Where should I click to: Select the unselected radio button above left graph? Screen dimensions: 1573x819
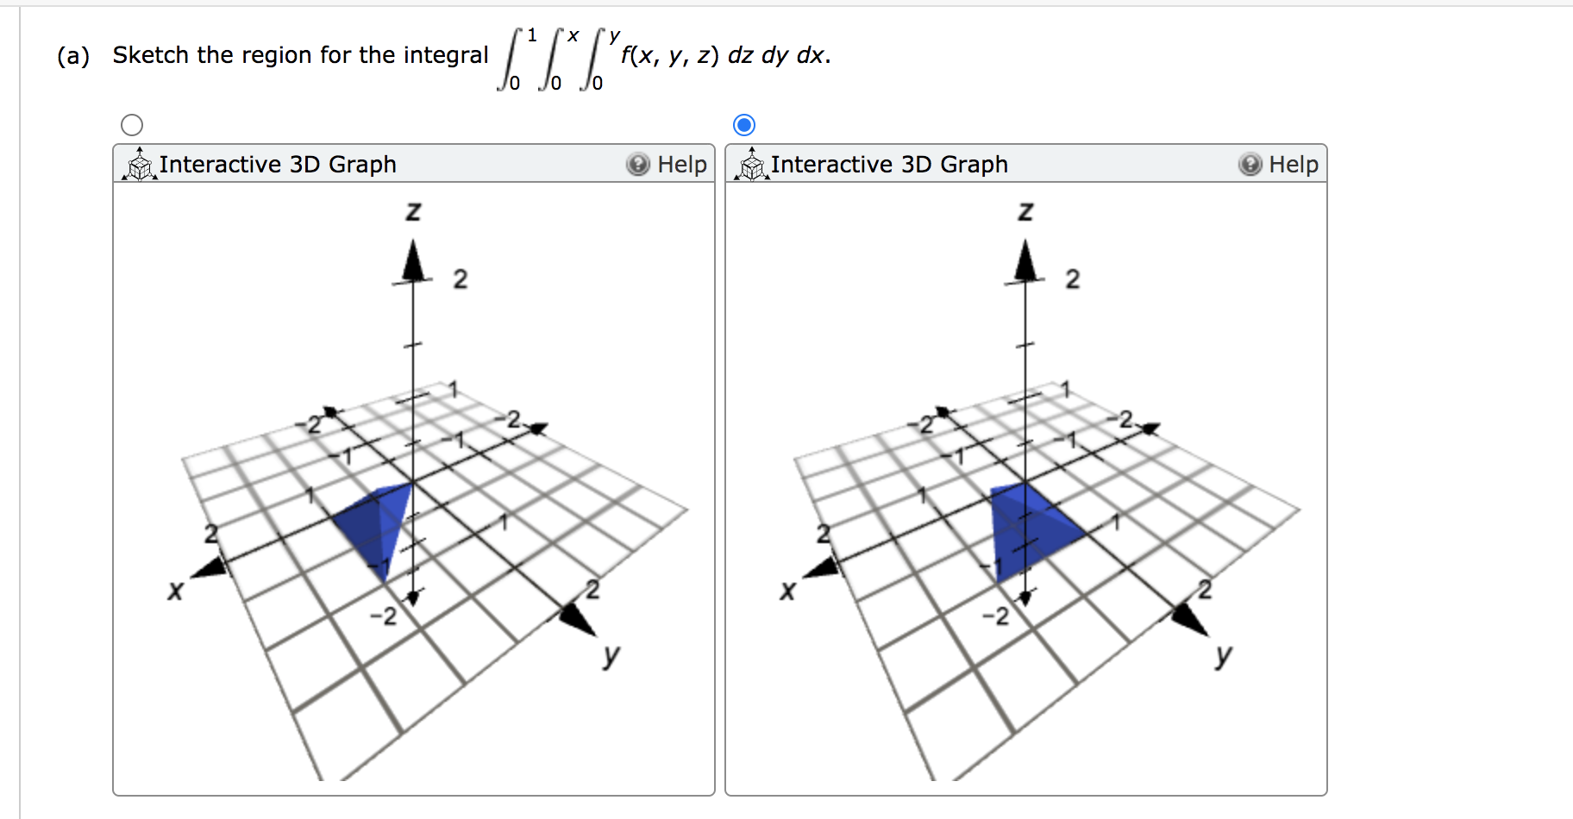pyautogui.click(x=132, y=125)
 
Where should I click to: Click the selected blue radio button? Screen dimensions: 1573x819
pyautogui.click(x=744, y=125)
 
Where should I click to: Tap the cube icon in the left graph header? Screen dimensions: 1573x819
pyautogui.click(x=139, y=164)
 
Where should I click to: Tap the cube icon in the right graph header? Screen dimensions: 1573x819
pyautogui.click(x=751, y=164)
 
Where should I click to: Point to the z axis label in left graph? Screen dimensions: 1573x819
pyautogui.click(x=414, y=210)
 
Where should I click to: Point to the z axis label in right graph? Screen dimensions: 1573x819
pyautogui.click(x=1025, y=210)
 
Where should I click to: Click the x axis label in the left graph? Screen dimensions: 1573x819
pyautogui.click(x=176, y=591)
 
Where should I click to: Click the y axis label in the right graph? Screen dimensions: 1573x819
pyautogui.click(x=1223, y=655)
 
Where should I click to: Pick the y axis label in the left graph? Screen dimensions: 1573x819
pyautogui.click(x=611, y=655)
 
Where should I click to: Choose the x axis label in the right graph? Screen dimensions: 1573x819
pyautogui.click(x=787, y=591)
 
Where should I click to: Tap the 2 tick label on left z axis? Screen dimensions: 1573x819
pyautogui.click(x=461, y=278)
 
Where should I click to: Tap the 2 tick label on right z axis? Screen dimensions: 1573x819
pyautogui.click(x=1073, y=278)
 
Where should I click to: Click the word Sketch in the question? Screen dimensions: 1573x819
pyautogui.click(x=150, y=55)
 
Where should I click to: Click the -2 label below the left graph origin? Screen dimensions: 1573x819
pyautogui.click(x=384, y=616)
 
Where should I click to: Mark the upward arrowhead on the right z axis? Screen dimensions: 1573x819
pyautogui.click(x=1025, y=260)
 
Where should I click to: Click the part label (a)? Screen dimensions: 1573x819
pyautogui.click(x=73, y=56)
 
